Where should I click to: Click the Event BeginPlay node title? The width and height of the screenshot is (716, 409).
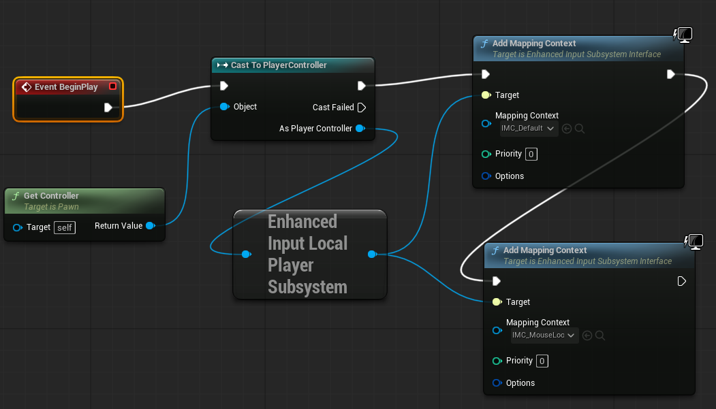pyautogui.click(x=67, y=87)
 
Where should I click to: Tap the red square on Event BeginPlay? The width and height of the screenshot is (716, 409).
pyautogui.click(x=112, y=86)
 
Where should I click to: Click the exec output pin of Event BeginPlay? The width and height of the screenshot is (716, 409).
pyautogui.click(x=108, y=108)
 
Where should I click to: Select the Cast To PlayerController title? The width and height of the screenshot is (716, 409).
pyautogui.click(x=279, y=65)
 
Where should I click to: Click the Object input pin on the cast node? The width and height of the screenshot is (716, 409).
pyautogui.click(x=224, y=107)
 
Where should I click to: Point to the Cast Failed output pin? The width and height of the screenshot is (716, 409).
pyautogui.click(x=362, y=108)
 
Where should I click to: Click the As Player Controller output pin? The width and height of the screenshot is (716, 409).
pyautogui.click(x=360, y=129)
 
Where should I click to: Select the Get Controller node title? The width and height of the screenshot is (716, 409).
pyautogui.click(x=51, y=196)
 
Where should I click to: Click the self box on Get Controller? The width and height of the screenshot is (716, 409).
pyautogui.click(x=65, y=227)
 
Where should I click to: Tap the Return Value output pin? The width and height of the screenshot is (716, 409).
pyautogui.click(x=150, y=226)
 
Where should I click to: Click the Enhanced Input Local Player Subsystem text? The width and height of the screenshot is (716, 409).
pyautogui.click(x=307, y=254)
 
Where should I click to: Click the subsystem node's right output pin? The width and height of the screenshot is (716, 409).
pyautogui.click(x=372, y=255)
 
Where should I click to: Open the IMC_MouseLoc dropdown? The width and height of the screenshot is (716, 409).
pyautogui.click(x=544, y=335)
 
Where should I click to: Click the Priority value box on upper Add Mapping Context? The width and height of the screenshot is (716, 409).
pyautogui.click(x=531, y=154)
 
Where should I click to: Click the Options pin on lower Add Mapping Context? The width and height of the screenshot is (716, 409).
pyautogui.click(x=497, y=383)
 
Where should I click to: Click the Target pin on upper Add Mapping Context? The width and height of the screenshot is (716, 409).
pyautogui.click(x=486, y=95)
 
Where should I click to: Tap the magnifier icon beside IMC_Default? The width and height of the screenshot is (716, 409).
pyautogui.click(x=580, y=129)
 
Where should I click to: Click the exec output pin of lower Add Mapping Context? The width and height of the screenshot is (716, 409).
pyautogui.click(x=682, y=281)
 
